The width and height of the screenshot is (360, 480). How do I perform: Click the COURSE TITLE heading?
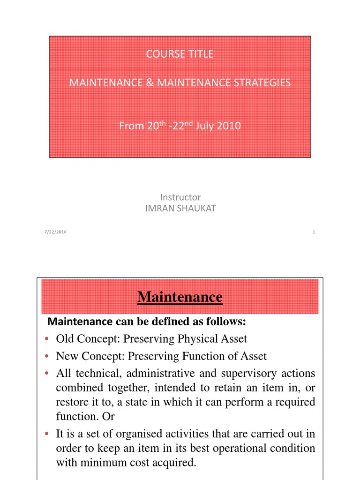[180, 54]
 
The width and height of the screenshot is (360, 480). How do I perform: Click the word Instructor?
[180, 197]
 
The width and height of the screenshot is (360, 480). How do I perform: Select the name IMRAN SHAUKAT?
[180, 209]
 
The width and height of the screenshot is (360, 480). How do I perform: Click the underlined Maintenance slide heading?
[180, 297]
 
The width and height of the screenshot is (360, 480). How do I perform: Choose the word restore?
[71, 403]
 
